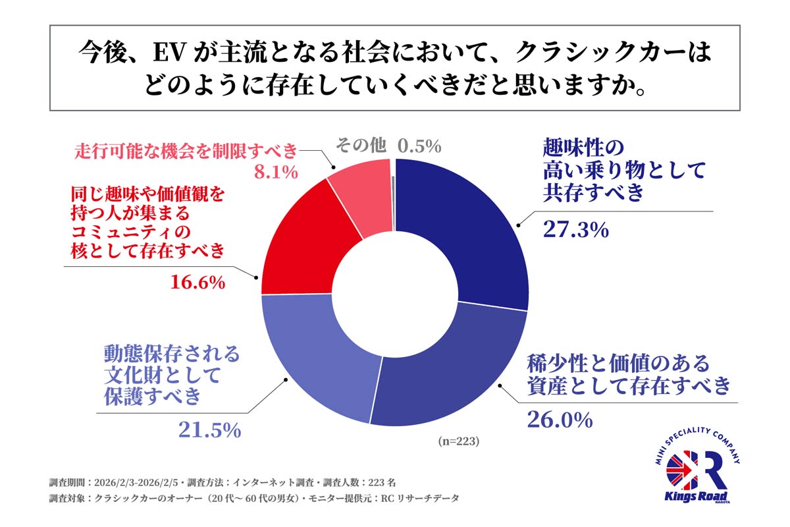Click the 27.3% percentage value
click(x=575, y=229)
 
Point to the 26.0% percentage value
click(x=560, y=420)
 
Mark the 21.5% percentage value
click(x=209, y=430)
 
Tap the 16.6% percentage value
click(x=197, y=283)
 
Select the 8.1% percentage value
click(x=276, y=173)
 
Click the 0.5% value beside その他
click(x=419, y=146)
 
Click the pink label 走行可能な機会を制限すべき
click(x=186, y=150)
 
